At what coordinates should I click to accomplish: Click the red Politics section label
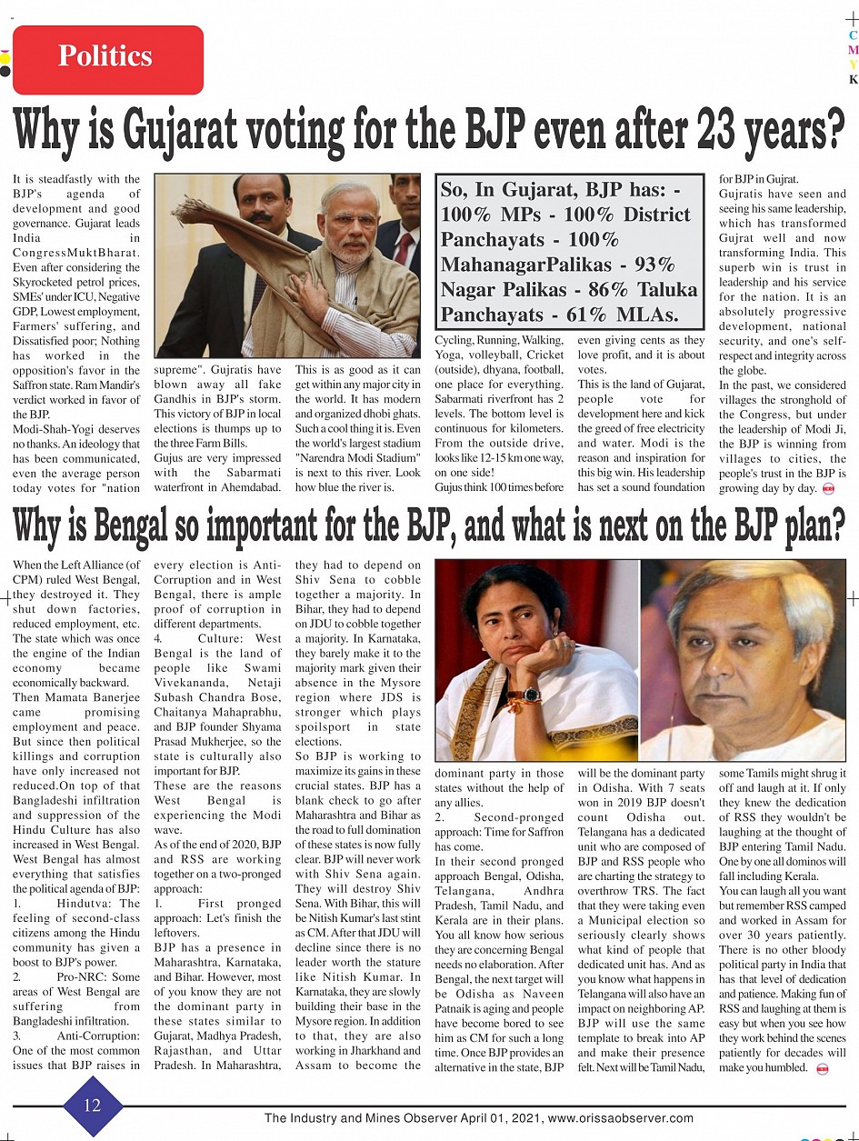coord(107,58)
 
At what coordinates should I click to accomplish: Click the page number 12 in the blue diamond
coord(93,1105)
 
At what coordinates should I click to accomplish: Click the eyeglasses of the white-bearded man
coord(352,221)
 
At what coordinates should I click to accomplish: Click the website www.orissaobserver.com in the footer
coord(622,1118)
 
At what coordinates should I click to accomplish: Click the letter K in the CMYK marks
coord(853,79)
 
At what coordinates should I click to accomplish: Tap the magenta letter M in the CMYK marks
coord(853,50)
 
